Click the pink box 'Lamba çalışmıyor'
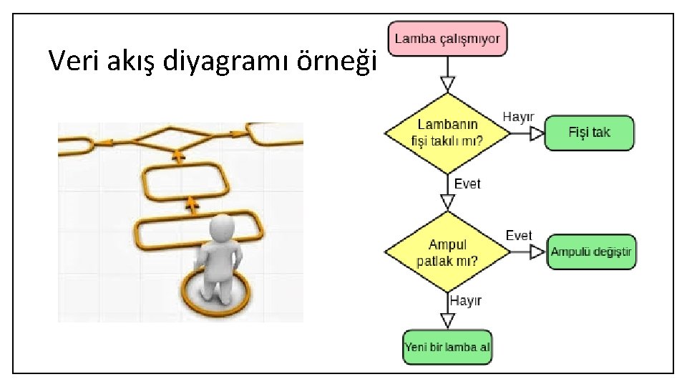coord(448,38)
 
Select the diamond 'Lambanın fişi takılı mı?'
coord(447,133)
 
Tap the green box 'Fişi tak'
coord(589,133)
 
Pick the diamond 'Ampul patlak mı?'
coord(447,252)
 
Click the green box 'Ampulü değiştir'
coord(591,252)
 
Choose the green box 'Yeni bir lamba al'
coord(447,348)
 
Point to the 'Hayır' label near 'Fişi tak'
coord(518,116)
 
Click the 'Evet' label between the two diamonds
coord(468,184)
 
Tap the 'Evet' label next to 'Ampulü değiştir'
coord(518,236)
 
